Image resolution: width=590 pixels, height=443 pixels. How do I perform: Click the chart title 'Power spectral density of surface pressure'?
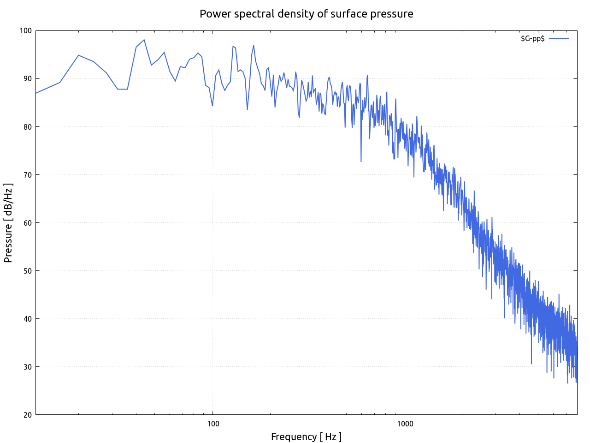click(x=306, y=14)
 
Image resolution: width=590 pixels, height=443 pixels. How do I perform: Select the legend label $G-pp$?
click(x=532, y=39)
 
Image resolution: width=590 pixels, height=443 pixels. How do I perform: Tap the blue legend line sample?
click(x=559, y=39)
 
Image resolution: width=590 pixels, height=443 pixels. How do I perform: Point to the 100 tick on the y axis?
click(x=26, y=31)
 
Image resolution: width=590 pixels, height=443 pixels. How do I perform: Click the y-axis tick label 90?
click(x=28, y=79)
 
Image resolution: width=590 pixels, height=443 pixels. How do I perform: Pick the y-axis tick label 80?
click(x=28, y=127)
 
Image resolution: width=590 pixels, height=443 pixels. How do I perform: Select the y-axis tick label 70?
click(x=28, y=175)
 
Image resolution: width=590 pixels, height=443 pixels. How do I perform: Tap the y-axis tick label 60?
click(x=28, y=223)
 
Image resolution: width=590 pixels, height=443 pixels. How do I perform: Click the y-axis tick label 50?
click(x=28, y=271)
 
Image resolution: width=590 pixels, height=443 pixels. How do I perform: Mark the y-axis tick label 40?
click(x=28, y=319)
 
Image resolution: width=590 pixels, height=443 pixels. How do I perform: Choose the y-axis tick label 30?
click(x=28, y=367)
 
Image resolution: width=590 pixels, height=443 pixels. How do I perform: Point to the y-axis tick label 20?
click(x=28, y=415)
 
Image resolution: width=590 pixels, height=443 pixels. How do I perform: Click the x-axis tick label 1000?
click(x=404, y=424)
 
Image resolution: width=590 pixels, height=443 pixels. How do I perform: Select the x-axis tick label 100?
click(x=212, y=424)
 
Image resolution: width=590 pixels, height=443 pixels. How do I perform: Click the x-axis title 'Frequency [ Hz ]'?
click(x=306, y=437)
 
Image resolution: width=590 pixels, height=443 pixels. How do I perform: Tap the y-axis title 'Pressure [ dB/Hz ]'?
click(x=8, y=223)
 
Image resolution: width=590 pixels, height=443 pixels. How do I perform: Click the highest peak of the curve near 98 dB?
click(x=144, y=40)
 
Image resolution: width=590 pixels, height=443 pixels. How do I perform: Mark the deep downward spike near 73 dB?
click(x=361, y=161)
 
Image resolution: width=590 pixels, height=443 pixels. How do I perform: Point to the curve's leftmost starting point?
click(x=36, y=93)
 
